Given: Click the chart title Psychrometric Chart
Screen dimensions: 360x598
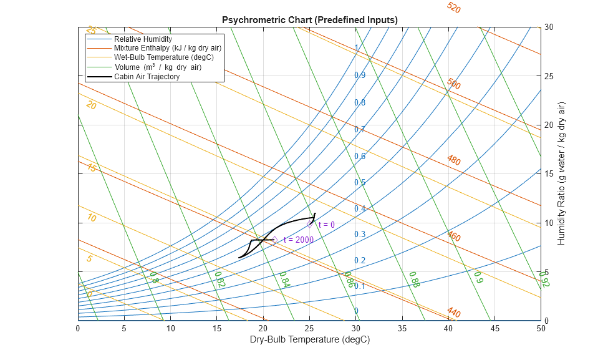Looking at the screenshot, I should pos(309,20).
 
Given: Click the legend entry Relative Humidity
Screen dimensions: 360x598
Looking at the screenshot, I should pos(142,39).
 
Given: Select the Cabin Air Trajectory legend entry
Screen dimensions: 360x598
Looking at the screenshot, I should pos(147,77).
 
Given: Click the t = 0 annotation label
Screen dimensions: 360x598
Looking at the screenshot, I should pos(326,225).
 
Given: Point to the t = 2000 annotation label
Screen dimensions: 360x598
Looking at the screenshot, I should pos(298,240).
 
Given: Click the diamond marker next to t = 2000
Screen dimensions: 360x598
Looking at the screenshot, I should pos(274,240).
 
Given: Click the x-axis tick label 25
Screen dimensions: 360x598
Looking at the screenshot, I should pos(309,328).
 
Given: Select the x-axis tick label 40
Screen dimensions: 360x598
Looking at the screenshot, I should pos(448,328).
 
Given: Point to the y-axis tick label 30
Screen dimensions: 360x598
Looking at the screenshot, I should pos(549,27).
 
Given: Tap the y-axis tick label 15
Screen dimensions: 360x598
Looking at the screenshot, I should pos(549,174).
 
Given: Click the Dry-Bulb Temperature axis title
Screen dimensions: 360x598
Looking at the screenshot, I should pos(309,340).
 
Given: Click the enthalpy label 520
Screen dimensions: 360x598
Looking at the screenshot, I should pos(453,8).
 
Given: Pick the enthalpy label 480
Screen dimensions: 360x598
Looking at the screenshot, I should pos(453,160).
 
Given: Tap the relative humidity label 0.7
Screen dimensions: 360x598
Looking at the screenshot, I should pos(360,130).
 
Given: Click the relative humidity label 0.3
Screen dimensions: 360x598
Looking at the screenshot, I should pos(360,235).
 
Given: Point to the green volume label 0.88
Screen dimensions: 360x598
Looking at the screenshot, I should pos(414,280).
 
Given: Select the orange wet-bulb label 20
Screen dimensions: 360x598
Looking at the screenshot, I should pos(91,106).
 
